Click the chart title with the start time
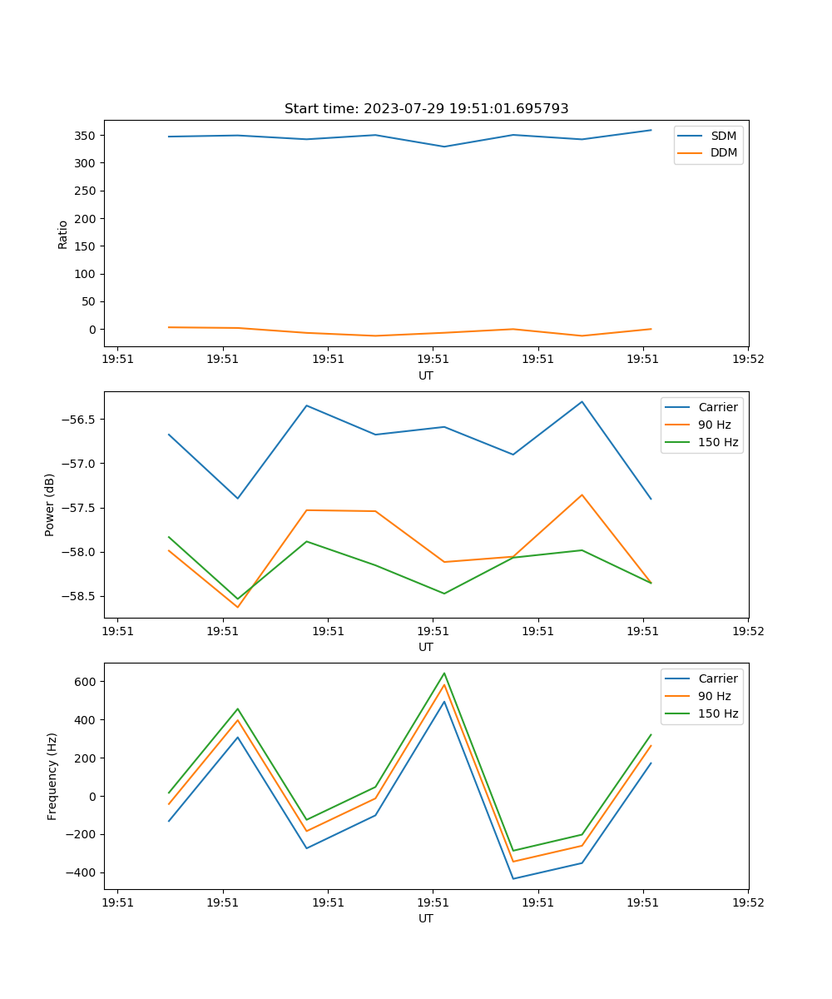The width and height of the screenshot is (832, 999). [426, 109]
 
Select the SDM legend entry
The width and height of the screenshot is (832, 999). [723, 136]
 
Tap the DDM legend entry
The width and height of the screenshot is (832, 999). [723, 152]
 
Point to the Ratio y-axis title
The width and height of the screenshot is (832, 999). [62, 234]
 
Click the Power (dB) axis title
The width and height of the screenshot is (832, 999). [50, 504]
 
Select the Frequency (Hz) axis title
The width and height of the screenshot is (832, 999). [52, 776]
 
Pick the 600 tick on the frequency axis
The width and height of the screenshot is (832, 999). [84, 681]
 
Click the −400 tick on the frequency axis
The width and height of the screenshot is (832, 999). [81, 872]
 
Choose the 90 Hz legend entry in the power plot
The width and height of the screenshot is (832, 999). [714, 425]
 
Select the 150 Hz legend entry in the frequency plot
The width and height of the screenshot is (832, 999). [718, 713]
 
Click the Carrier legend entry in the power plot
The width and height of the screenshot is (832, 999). [717, 407]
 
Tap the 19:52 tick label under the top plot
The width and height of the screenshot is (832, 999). [747, 360]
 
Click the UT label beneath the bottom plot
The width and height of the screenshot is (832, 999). [426, 918]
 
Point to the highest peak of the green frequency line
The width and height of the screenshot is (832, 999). [444, 673]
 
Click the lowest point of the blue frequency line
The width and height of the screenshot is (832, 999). [513, 878]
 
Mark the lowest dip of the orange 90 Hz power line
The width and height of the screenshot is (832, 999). [238, 607]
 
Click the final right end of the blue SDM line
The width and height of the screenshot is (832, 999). [651, 130]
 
